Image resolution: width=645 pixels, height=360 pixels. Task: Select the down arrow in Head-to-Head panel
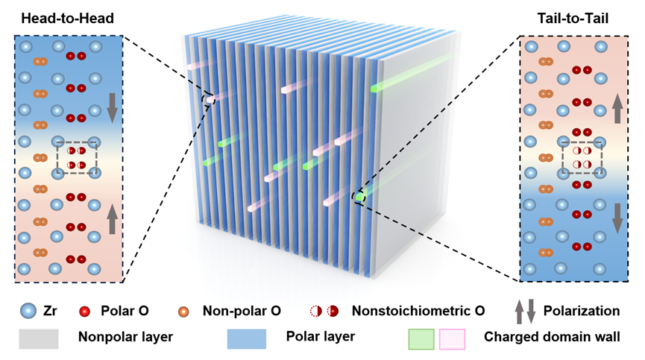coord(112,107)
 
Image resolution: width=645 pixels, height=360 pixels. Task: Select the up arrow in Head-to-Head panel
coord(112,220)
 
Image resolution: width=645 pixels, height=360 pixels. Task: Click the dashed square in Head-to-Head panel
coord(77,157)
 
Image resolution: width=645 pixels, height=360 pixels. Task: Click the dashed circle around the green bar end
coord(359,197)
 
